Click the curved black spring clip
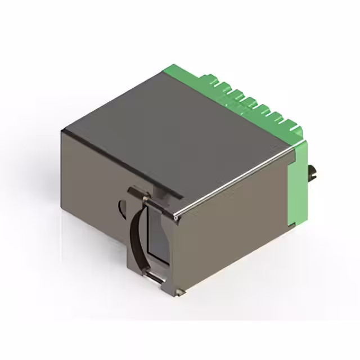click(x=134, y=236)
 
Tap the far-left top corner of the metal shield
click(x=63, y=130)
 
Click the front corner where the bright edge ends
click(x=176, y=215)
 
